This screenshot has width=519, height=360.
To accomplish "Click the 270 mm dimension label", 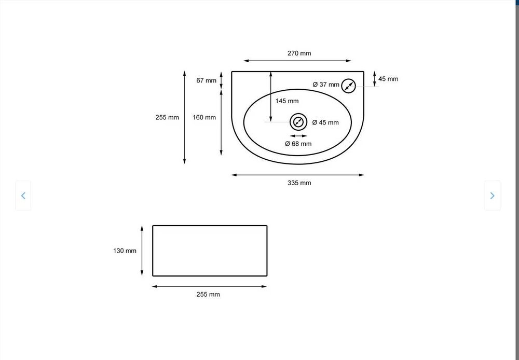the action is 299,53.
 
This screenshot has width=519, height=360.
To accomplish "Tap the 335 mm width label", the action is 299,183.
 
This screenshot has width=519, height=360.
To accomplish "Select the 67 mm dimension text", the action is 206,80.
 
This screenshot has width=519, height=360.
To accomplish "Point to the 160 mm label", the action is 204,117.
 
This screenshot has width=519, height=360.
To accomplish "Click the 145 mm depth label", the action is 287,101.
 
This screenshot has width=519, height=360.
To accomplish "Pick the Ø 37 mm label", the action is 326,85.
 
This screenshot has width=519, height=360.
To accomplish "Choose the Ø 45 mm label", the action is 325,122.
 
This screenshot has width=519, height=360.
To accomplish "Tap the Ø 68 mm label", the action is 298,144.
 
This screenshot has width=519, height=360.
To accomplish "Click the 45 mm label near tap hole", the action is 388,79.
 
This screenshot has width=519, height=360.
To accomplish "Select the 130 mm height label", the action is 125,251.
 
